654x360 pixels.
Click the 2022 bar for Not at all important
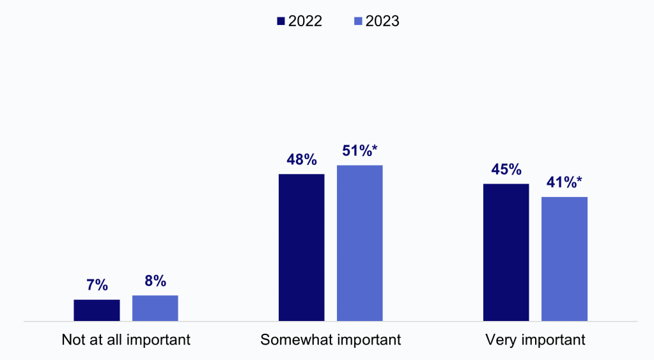pyautogui.click(x=97, y=310)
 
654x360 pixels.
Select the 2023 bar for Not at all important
pyautogui.click(x=155, y=308)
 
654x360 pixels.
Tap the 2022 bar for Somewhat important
pyautogui.click(x=301, y=247)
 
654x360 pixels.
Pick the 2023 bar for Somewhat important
pyautogui.click(x=359, y=243)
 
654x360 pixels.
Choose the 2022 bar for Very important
pyautogui.click(x=506, y=252)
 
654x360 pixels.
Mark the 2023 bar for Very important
pyautogui.click(x=564, y=258)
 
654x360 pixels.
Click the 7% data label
pyautogui.click(x=97, y=285)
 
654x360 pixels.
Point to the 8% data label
pyautogui.click(x=155, y=281)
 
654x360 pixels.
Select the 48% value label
pyautogui.click(x=301, y=160)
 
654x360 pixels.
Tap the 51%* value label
pyautogui.click(x=360, y=151)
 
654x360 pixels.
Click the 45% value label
pyautogui.click(x=506, y=169)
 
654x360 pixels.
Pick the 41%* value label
pyautogui.click(x=564, y=182)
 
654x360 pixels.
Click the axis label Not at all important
pyautogui.click(x=126, y=340)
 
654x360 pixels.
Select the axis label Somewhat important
pyautogui.click(x=331, y=340)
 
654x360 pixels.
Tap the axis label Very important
pyautogui.click(x=535, y=340)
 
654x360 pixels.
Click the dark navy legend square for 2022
pyautogui.click(x=281, y=21)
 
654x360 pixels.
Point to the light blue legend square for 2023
pyautogui.click(x=358, y=21)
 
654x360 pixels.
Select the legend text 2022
pyautogui.click(x=305, y=21)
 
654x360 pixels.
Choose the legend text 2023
pyautogui.click(x=382, y=21)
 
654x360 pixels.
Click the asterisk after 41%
pyautogui.click(x=579, y=180)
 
